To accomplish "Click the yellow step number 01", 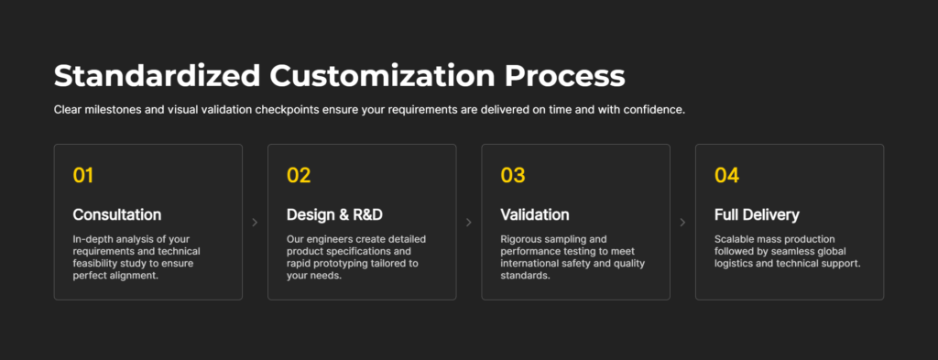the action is tap(83, 175).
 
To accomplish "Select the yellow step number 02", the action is tap(299, 175).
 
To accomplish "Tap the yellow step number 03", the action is tap(513, 175).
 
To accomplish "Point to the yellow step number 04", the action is tap(726, 175).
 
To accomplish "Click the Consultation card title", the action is tap(117, 214).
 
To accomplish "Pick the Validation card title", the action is tap(535, 214).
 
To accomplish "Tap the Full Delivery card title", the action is tap(757, 214).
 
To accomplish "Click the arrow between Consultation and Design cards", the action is tap(255, 223).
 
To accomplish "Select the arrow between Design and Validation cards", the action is tap(468, 223).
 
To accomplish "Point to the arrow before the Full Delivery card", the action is tap(682, 223).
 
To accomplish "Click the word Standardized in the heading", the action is tap(158, 77).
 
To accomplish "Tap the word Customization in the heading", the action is tap(382, 77).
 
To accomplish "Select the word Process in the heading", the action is tap(564, 77).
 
